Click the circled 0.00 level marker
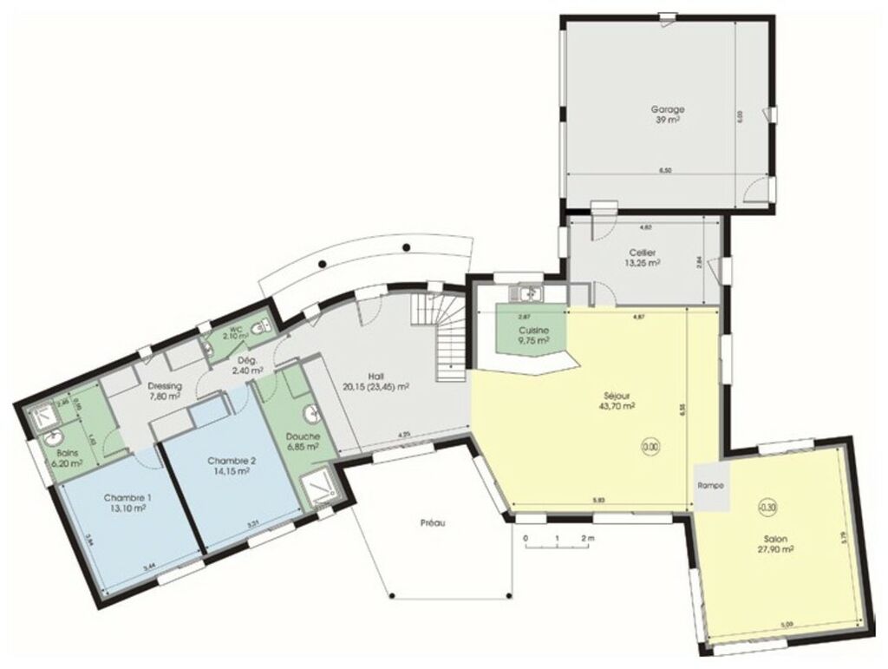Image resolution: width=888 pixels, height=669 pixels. pyautogui.click(x=650, y=447)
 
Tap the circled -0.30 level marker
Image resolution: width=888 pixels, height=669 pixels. pyautogui.click(x=767, y=508)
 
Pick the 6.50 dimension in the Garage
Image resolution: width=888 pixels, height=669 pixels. pyautogui.click(x=665, y=171)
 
